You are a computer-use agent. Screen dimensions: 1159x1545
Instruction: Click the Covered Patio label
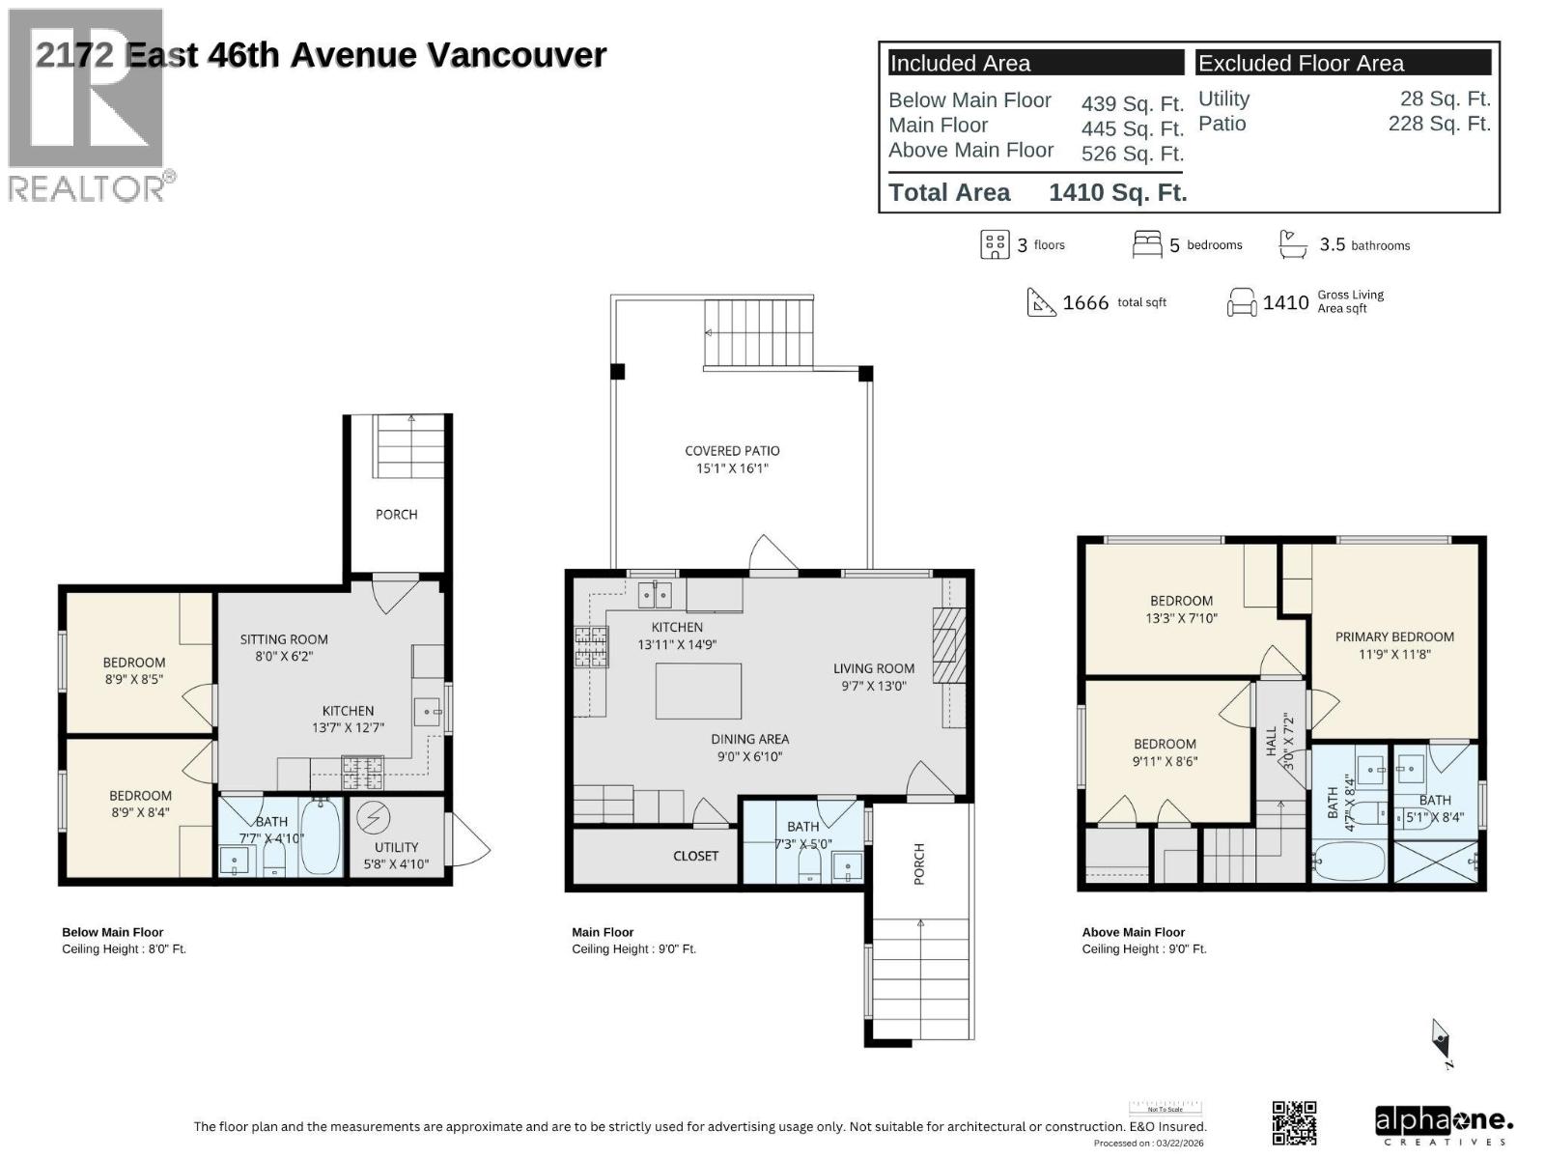click(732, 451)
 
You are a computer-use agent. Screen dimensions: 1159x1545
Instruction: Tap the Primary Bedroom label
click(1393, 637)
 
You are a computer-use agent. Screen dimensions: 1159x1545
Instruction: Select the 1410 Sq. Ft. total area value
click(1117, 192)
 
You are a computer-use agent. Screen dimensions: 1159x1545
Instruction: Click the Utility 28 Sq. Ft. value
click(1445, 99)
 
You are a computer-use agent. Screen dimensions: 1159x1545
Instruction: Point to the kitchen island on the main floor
click(698, 691)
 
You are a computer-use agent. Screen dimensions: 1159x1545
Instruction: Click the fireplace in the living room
click(947, 645)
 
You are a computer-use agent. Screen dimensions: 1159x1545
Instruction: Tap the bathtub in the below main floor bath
click(320, 836)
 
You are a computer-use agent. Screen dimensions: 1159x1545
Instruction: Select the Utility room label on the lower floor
click(396, 847)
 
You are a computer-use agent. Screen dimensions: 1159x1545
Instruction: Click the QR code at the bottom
click(1294, 1123)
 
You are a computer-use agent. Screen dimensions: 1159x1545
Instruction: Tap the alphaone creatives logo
click(1443, 1124)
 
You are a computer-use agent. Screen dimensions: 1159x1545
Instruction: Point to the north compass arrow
click(1441, 1041)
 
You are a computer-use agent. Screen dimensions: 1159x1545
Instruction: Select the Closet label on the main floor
click(695, 856)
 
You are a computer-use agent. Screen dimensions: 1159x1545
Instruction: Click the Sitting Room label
click(284, 639)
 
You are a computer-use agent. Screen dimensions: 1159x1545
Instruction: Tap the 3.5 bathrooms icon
click(1293, 243)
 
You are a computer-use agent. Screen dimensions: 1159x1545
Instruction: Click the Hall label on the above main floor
click(1272, 742)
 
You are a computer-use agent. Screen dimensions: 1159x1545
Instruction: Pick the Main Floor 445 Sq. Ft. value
click(1132, 128)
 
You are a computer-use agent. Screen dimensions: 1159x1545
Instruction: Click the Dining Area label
click(749, 740)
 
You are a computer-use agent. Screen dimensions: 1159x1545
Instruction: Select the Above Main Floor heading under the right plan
click(1133, 932)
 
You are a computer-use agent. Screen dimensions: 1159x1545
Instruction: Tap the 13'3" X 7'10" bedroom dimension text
click(1181, 618)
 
